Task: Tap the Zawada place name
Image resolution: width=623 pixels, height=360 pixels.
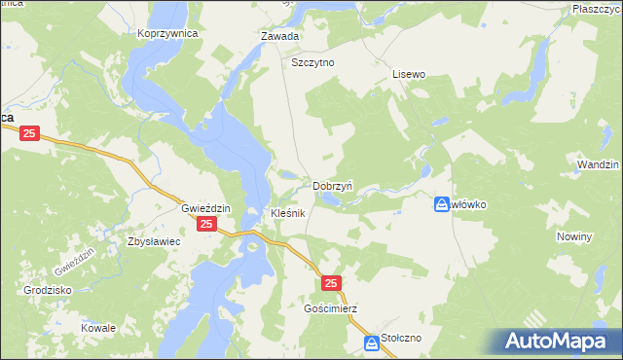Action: tap(278, 36)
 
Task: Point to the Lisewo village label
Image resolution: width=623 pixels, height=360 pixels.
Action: tap(409, 73)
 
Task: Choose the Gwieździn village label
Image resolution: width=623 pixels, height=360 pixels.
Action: tap(205, 208)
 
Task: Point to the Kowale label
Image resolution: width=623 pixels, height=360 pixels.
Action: tap(98, 328)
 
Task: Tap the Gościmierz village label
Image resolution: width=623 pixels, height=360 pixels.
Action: tap(331, 308)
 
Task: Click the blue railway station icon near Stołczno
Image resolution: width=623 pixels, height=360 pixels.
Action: tap(372, 343)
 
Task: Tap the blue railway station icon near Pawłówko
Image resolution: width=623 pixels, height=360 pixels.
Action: tap(442, 204)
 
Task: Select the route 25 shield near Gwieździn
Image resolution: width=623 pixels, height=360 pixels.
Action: tap(206, 225)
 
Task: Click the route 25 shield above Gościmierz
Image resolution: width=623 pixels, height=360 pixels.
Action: tap(332, 283)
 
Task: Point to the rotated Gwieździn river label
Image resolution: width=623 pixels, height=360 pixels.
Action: tap(73, 260)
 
